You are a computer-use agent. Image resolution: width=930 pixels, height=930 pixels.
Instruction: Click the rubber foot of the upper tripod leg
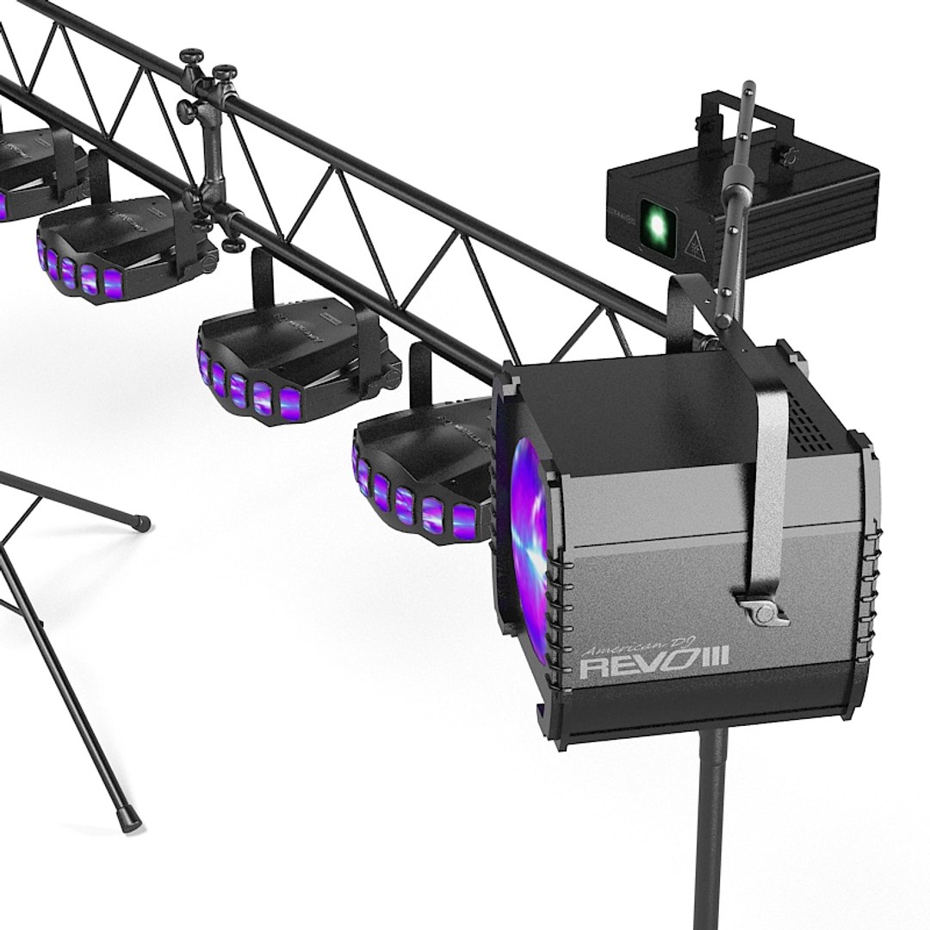pyautogui.click(x=141, y=522)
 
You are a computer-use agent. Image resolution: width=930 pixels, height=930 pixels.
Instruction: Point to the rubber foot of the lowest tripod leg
pyautogui.click(x=130, y=823)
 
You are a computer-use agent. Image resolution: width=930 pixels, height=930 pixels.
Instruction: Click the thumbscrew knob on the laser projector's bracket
pyautogui.click(x=785, y=158)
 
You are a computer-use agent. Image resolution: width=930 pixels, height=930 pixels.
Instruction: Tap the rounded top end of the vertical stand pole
pyautogui.click(x=749, y=86)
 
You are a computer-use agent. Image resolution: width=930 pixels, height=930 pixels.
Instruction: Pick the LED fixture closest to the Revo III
pyautogui.click(x=422, y=474)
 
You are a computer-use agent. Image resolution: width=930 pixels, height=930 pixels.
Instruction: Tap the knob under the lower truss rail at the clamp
pyautogui.click(x=232, y=245)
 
